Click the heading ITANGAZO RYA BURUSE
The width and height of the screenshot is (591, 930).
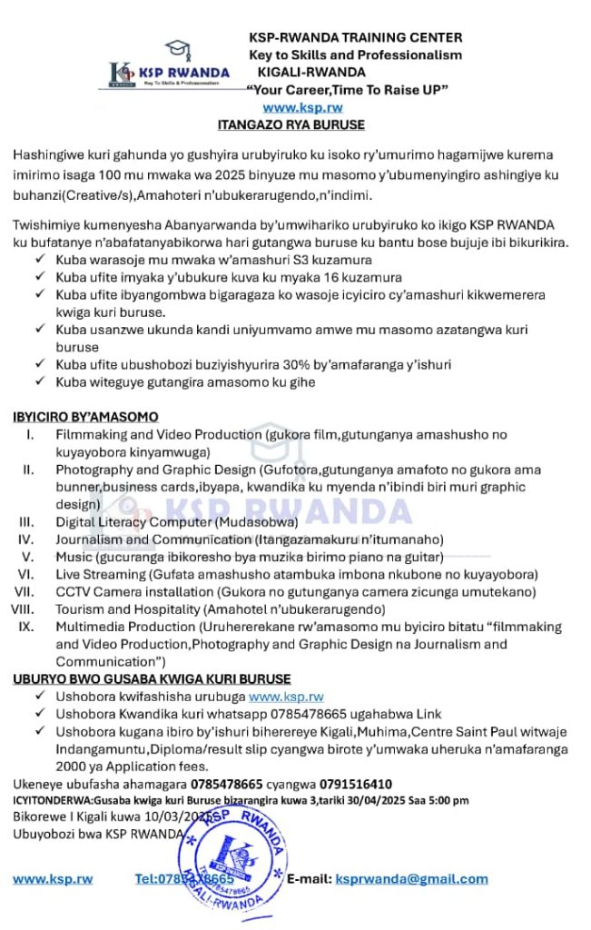291,124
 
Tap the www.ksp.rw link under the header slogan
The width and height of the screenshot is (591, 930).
302,107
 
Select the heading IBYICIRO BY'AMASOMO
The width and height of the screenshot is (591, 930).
85,417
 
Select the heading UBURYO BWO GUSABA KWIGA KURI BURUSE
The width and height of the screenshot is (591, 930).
152,678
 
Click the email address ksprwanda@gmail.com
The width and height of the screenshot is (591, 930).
411,878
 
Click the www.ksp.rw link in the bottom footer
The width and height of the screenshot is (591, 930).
53,878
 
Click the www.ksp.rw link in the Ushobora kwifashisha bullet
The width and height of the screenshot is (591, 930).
286,697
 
